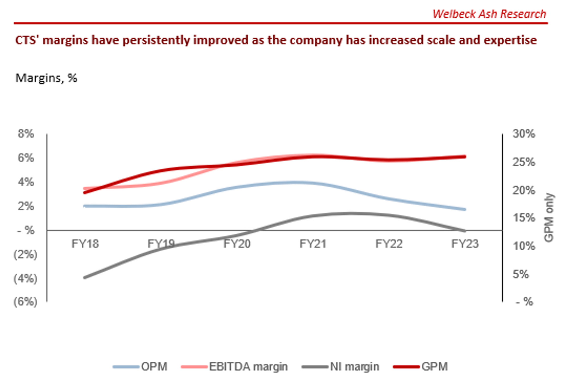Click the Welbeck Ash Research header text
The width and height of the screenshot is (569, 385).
(489, 14)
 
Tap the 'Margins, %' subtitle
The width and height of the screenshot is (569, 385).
(46, 78)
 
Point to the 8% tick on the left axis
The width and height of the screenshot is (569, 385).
(26, 134)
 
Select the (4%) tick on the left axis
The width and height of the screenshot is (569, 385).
(25, 278)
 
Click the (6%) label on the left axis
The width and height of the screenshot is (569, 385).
(25, 301)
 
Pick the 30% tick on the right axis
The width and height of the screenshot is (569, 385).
(523, 134)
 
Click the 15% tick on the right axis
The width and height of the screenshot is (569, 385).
(523, 218)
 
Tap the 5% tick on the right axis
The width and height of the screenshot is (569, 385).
(521, 274)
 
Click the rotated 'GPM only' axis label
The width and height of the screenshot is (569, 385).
(549, 218)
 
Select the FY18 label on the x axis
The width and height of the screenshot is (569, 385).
(85, 244)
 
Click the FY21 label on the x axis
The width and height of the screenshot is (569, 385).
(313, 244)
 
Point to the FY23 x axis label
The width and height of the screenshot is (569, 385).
(465, 244)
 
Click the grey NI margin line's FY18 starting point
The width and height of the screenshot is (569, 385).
(85, 278)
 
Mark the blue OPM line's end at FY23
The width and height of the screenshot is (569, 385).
(465, 209)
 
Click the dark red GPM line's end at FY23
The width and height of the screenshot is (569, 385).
(465, 156)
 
